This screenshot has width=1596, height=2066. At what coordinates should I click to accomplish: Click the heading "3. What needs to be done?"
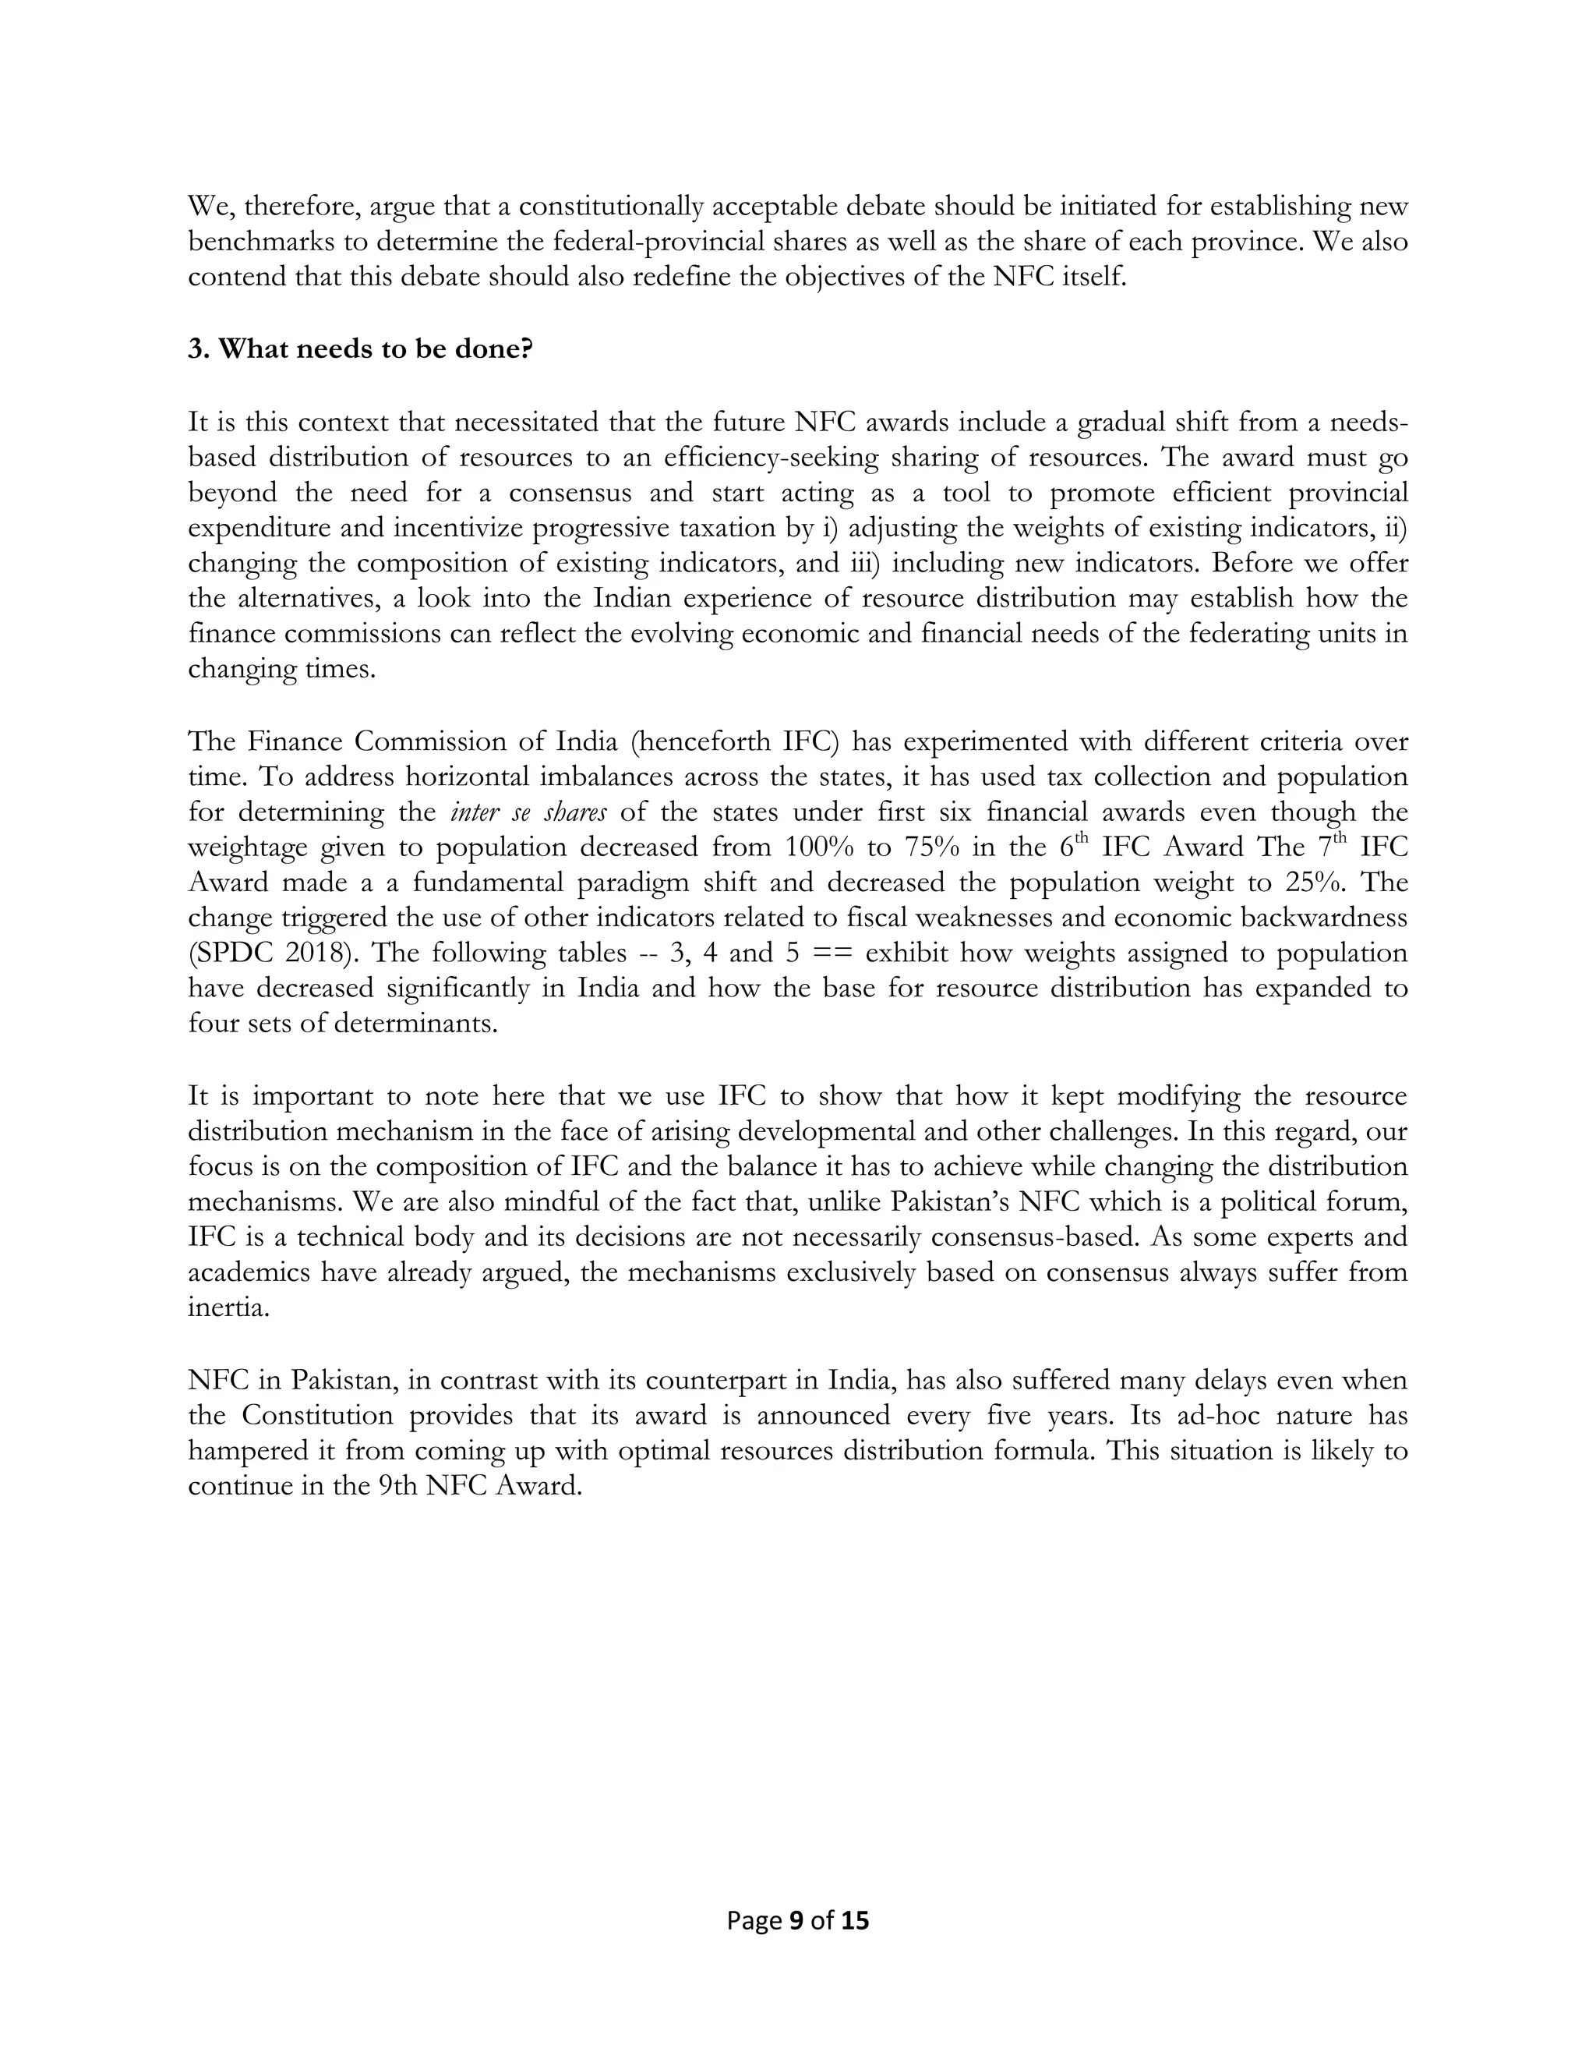(360, 349)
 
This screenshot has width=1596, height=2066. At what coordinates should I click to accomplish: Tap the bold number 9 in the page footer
(795, 1920)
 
